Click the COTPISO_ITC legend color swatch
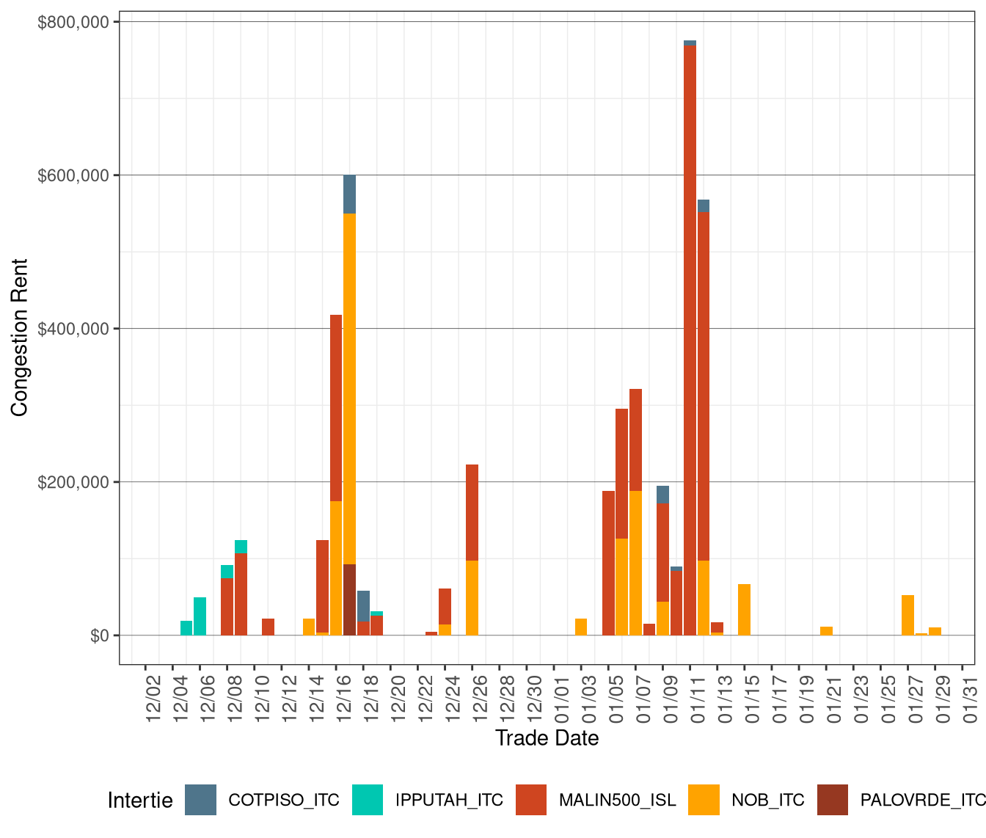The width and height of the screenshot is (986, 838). click(200, 800)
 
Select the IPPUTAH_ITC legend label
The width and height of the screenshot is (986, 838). click(449, 800)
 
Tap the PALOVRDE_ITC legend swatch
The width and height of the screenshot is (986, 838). click(832, 800)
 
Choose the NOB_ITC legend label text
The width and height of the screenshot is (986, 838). click(767, 800)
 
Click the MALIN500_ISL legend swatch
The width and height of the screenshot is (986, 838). click(531, 800)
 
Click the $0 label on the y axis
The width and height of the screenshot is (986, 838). click(100, 635)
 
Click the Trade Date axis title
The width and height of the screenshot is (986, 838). click(547, 737)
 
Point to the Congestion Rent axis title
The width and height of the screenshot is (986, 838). click(20, 338)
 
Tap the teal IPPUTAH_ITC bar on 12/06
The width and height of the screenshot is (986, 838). click(200, 616)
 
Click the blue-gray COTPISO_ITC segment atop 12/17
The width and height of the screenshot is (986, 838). click(350, 194)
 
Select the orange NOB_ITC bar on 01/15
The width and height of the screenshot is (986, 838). click(744, 610)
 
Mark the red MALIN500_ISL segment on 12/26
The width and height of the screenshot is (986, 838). click(472, 512)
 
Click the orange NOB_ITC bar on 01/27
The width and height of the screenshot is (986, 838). click(908, 615)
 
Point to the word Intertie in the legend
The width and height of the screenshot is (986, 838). click(140, 800)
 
